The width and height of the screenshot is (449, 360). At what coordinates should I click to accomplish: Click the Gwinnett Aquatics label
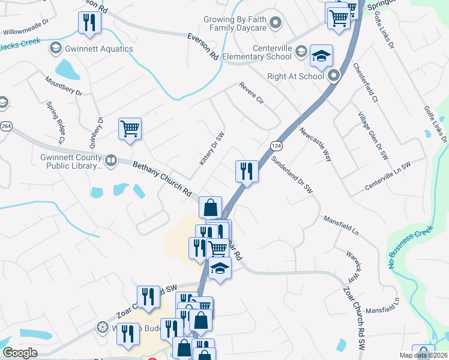pos(91,47)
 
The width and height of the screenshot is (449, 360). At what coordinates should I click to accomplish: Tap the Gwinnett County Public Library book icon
pos(111,160)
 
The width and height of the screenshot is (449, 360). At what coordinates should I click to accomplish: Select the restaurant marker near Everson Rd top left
pos(89,23)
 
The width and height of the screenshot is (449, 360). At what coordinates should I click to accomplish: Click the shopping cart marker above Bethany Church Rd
pos(130,129)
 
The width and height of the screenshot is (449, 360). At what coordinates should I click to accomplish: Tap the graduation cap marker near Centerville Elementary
pos(321,56)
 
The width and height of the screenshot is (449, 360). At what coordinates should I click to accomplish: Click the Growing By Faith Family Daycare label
pos(234,23)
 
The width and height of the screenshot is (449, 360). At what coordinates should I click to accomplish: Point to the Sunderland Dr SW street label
pos(292,175)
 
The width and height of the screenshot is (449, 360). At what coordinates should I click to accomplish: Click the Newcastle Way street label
pos(316,145)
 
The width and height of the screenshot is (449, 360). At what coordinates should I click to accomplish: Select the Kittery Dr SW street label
pos(212,149)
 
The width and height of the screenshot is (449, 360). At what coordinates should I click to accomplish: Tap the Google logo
pos(20,353)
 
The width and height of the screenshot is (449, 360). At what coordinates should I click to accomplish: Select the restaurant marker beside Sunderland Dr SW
pos(246,171)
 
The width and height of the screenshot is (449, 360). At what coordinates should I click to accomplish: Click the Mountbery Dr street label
pos(63,85)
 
